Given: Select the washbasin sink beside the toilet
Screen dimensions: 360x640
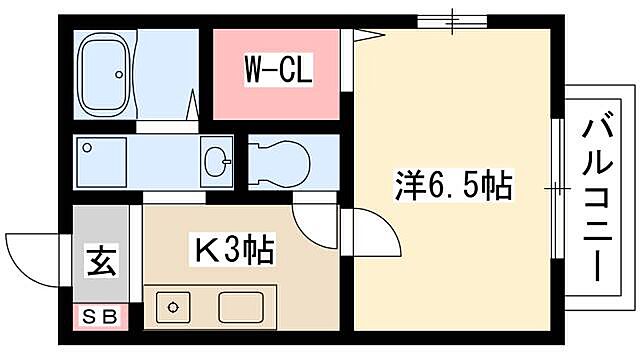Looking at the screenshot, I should point(217,159).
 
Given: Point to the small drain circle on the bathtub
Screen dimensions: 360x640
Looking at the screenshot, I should point(118,72).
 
